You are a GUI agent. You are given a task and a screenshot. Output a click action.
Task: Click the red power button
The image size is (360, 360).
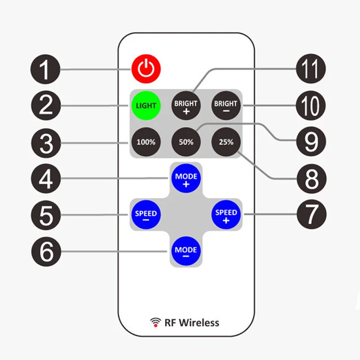(146, 69)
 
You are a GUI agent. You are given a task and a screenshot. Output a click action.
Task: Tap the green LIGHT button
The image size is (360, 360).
(146, 106)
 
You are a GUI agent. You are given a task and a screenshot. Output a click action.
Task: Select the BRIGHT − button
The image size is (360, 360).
(225, 106)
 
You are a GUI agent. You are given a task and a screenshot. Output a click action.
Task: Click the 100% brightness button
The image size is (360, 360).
(146, 142)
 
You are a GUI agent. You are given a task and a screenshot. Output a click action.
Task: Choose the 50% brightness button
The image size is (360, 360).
(186, 142)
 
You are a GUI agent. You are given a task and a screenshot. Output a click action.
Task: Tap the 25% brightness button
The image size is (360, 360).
(226, 142)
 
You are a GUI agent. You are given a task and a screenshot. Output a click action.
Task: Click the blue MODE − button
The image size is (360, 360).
(186, 250)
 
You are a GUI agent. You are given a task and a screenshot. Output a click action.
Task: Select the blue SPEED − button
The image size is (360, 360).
(146, 214)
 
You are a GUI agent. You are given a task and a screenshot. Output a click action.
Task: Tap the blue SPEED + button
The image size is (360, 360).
(226, 214)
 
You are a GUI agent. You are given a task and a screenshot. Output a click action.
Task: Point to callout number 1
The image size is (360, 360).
(45, 70)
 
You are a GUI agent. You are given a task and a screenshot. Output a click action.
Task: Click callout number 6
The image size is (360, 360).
(45, 251)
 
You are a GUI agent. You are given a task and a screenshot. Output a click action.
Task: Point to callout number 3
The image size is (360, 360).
(45, 143)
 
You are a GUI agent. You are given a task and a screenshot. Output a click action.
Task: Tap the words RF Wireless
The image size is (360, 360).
(192, 322)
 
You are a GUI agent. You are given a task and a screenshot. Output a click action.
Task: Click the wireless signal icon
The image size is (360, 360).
(156, 322)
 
